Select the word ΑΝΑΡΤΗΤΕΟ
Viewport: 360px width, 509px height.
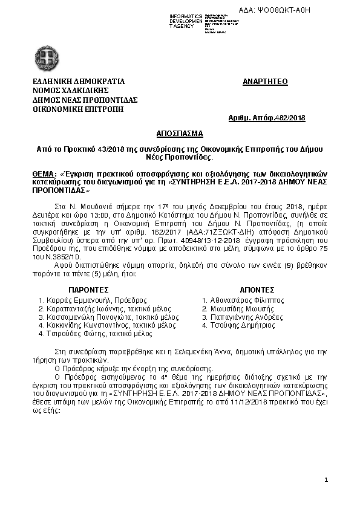pyautogui.click(x=265, y=81)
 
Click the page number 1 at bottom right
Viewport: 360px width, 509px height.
pyautogui.click(x=326, y=481)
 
